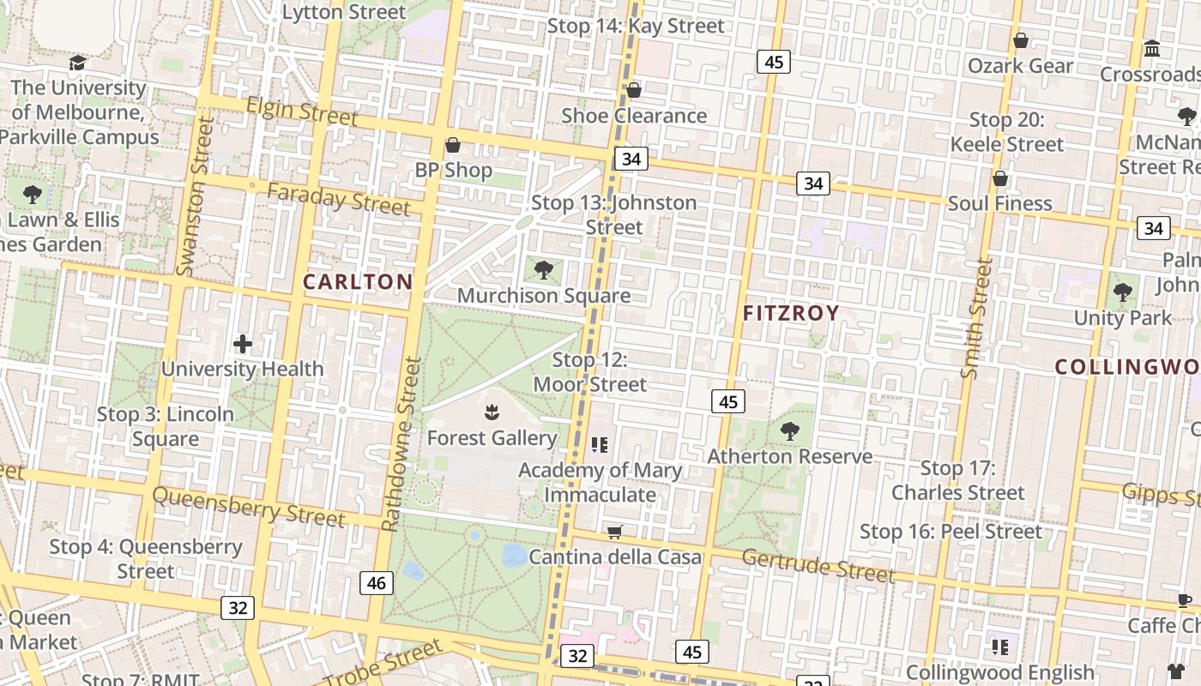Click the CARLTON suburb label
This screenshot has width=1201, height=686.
tap(358, 281)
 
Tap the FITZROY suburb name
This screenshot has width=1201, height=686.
tap(790, 313)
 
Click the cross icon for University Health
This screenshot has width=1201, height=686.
tap(243, 345)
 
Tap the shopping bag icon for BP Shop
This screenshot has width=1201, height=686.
tap(453, 145)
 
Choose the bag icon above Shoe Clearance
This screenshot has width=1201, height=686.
tap(634, 90)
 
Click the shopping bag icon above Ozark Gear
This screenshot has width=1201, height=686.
tap(1021, 40)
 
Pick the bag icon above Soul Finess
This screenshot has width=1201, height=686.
tap(999, 178)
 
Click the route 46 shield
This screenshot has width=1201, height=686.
tap(376, 584)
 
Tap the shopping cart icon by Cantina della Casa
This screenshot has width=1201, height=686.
tap(614, 533)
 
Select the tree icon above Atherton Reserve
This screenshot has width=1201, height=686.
tap(789, 431)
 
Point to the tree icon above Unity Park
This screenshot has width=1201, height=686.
tap(1122, 292)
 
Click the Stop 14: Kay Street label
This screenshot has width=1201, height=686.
tap(636, 26)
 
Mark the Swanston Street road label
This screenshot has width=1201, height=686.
tap(193, 197)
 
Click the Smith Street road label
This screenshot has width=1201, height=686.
tap(977, 318)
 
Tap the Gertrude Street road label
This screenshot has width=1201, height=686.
tap(818, 565)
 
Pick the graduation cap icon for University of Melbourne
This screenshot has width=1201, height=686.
tap(77, 63)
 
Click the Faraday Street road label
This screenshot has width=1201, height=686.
tap(338, 199)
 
